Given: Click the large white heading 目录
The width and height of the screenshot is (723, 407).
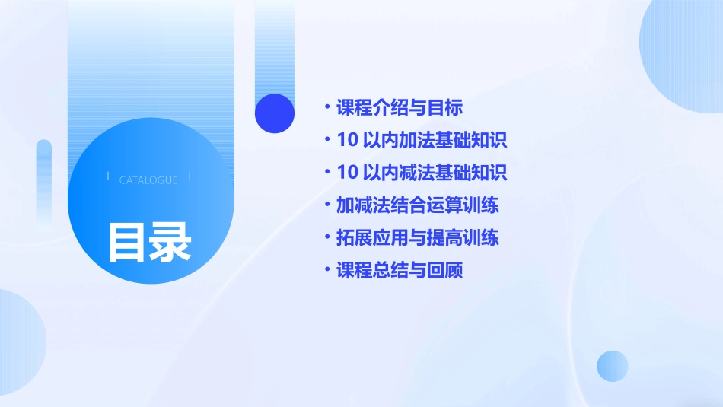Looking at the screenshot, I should tap(149, 242).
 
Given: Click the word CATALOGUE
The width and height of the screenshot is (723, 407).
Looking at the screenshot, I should tap(148, 180).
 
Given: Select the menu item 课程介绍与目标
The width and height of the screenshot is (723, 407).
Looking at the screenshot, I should tap(400, 107).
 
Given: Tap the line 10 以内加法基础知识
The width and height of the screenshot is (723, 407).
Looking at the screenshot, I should tap(422, 140).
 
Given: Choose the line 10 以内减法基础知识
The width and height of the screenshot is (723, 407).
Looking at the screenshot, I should tap(422, 173).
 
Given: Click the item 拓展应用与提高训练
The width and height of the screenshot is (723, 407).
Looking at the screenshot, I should tap(418, 237).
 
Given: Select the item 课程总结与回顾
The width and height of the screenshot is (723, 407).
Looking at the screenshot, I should tap(400, 270).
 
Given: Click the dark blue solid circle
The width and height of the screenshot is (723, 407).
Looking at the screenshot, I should tap(275, 113).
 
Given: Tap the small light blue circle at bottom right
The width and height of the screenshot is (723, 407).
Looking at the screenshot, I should tap(613, 366).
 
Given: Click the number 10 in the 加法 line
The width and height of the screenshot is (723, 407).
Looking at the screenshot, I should tap(347, 140).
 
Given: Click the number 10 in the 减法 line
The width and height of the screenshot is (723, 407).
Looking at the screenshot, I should tap(347, 173).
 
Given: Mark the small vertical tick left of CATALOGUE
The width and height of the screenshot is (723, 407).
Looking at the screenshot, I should tap(108, 176).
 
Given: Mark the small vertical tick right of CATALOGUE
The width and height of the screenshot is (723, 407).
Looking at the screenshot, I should tap(190, 176).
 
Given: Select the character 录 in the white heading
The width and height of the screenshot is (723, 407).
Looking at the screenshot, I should tap(170, 242).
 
